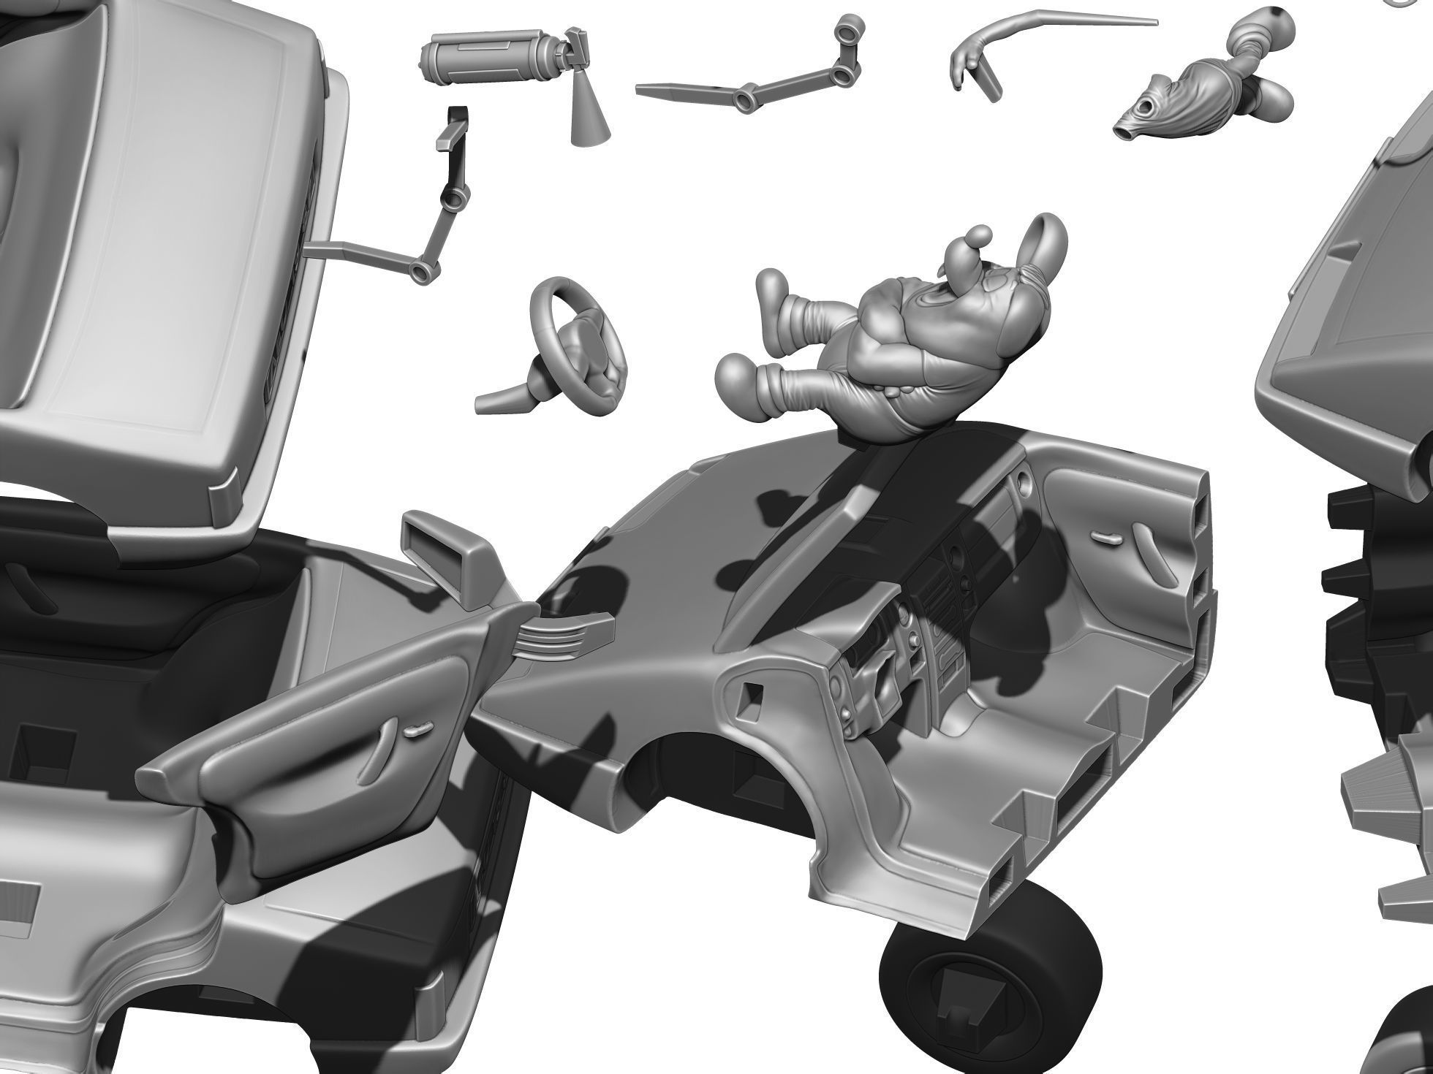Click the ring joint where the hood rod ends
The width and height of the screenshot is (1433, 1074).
pos(423,272)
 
